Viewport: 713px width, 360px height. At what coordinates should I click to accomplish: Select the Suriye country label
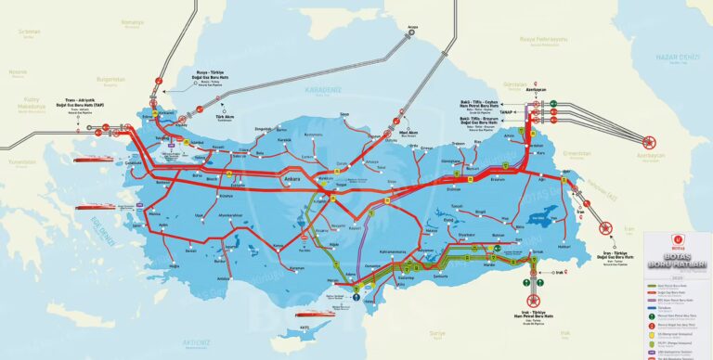(x=436, y=331)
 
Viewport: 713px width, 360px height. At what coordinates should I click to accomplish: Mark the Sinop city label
(x=344, y=115)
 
